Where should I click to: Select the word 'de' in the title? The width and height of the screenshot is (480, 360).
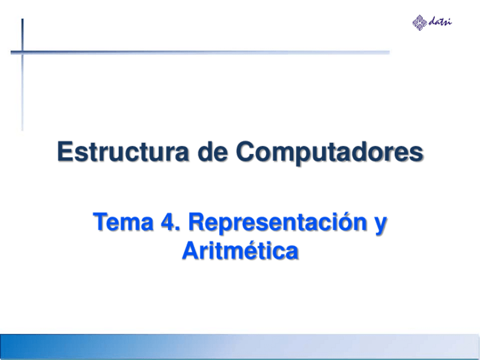click(214, 152)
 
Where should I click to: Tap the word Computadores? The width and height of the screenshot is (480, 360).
click(329, 153)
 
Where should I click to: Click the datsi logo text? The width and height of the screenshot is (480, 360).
click(440, 22)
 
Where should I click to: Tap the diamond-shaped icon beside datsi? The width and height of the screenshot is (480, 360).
click(420, 22)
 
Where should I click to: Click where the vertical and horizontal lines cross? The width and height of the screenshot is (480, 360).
click(23, 52)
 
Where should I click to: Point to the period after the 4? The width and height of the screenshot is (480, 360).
click(177, 229)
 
